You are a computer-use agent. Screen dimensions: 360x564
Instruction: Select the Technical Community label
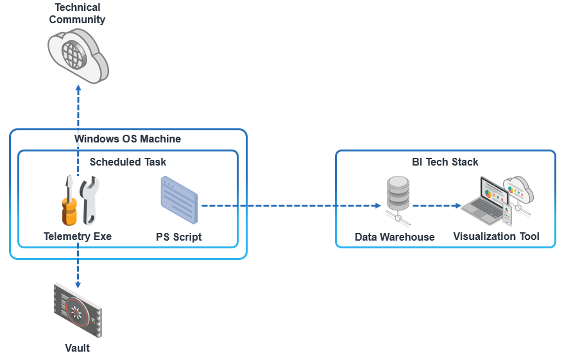pyautogui.click(x=78, y=13)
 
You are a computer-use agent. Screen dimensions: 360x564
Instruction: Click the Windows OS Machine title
pyautogui.click(x=128, y=139)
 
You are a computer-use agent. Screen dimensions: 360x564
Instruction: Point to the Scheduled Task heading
pyautogui.click(x=128, y=162)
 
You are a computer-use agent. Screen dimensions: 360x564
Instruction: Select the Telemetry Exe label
pyautogui.click(x=78, y=236)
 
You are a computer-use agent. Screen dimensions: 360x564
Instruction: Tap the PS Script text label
pyautogui.click(x=179, y=237)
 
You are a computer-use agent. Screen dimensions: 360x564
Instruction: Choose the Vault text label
pyautogui.click(x=78, y=348)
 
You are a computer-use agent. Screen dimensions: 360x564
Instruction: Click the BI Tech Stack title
pyautogui.click(x=445, y=162)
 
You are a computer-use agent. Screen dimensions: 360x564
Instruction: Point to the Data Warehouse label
pyautogui.click(x=395, y=237)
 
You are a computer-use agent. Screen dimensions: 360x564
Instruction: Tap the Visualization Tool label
pyautogui.click(x=496, y=236)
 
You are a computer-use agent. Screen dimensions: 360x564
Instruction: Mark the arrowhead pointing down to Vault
pyautogui.click(x=78, y=284)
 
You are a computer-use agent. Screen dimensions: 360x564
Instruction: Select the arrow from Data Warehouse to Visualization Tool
pyautogui.click(x=436, y=206)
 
